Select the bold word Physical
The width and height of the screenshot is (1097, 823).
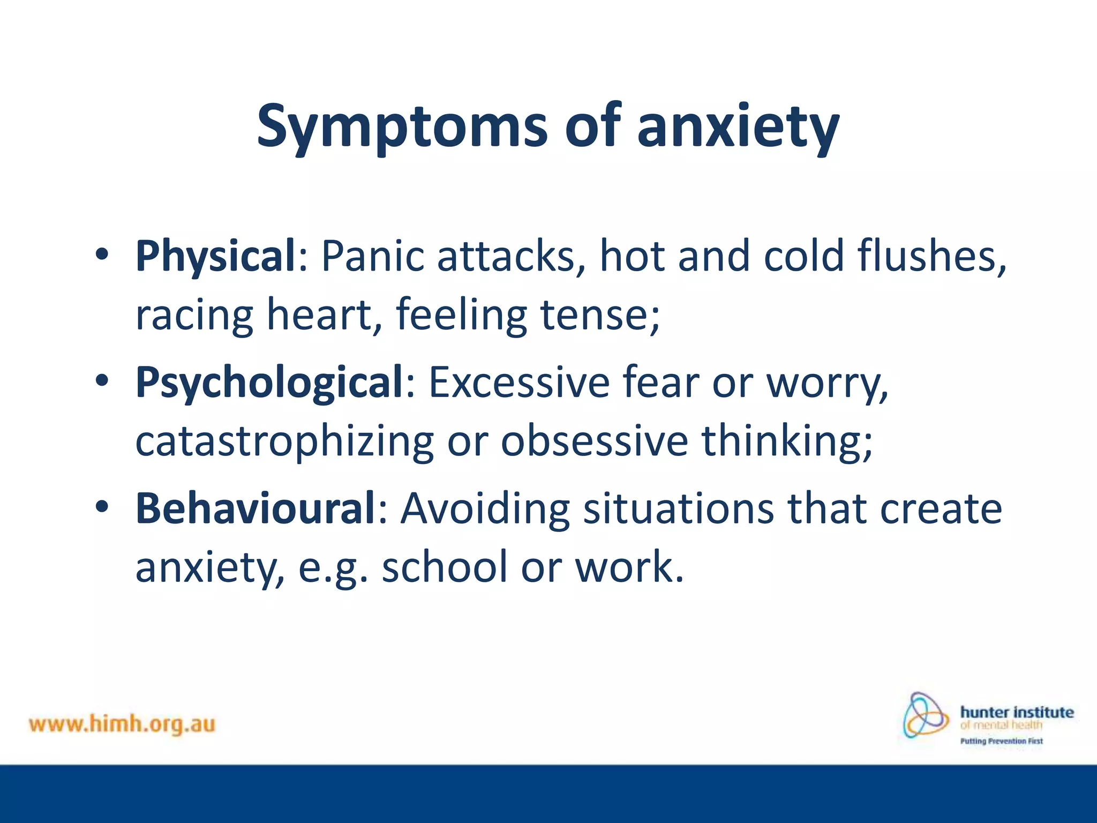tap(215, 256)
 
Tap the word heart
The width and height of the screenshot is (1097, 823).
tap(325, 315)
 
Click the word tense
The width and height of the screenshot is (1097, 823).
tap(600, 315)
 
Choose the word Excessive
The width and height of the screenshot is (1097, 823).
tap(519, 383)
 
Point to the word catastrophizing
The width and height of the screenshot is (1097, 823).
tap(284, 441)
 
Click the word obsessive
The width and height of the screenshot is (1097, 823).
tap(595, 441)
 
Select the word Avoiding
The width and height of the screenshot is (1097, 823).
tap(485, 508)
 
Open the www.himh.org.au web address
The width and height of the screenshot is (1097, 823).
tap(122, 724)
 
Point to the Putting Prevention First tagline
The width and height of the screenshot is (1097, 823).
tap(1001, 742)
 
